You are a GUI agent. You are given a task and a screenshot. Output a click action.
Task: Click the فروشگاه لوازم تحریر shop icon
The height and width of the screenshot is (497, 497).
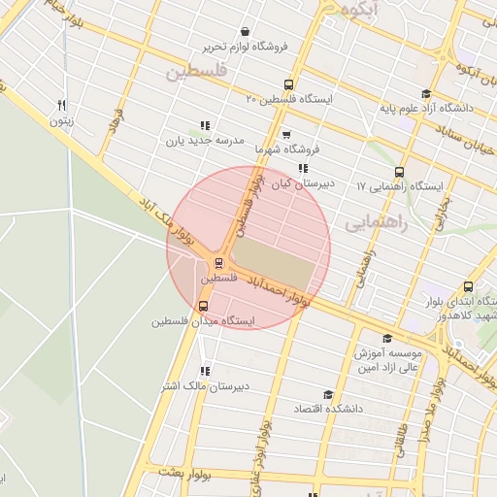(243, 31)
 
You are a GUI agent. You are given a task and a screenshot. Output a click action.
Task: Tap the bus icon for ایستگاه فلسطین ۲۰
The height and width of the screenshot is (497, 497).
(287, 84)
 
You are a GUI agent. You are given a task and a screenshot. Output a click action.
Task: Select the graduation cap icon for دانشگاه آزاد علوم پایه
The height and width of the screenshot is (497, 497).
(425, 93)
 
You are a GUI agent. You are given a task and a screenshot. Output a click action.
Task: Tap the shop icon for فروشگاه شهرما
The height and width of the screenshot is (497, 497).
(285, 136)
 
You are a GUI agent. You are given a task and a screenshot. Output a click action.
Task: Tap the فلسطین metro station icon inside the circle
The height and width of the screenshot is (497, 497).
(219, 262)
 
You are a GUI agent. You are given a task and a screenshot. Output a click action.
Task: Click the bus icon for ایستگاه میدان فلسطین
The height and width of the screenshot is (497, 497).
(202, 306)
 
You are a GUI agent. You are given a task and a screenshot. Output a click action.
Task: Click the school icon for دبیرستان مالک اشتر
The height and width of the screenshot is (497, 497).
(204, 371)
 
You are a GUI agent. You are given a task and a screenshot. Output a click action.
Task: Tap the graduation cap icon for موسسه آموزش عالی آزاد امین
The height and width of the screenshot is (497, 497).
(388, 339)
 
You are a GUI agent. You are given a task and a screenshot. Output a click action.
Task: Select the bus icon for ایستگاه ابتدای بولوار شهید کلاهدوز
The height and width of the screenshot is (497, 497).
(469, 286)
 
